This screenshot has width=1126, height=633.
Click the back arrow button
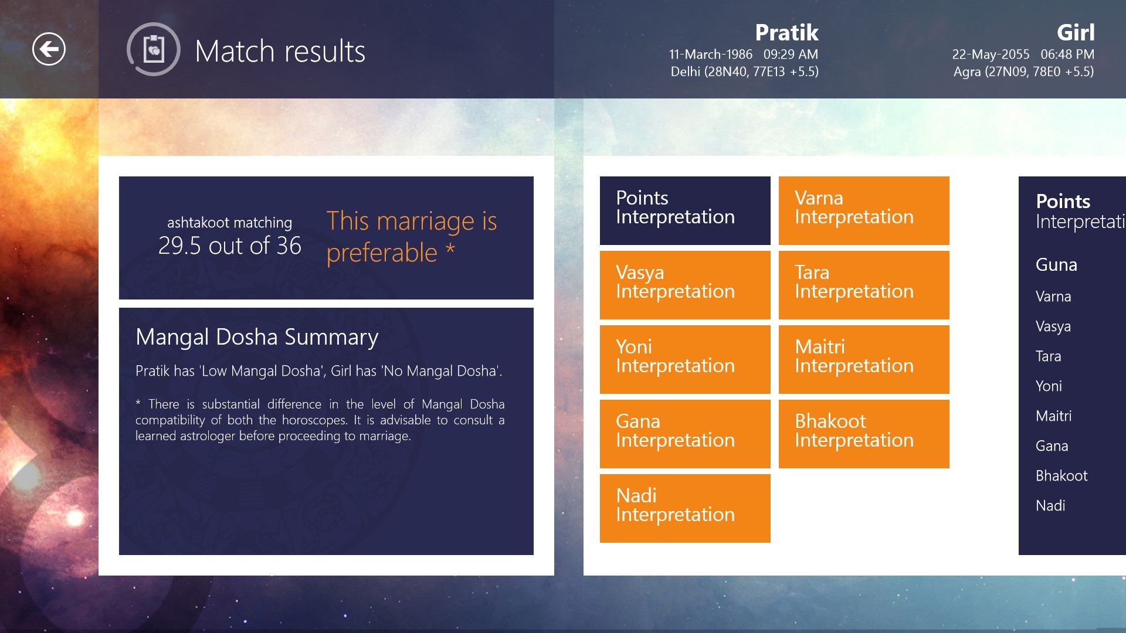(49, 49)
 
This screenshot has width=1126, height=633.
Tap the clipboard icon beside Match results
(154, 49)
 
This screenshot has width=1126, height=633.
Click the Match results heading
(280, 51)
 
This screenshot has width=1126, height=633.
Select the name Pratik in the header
(786, 32)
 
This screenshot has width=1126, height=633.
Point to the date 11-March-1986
(710, 55)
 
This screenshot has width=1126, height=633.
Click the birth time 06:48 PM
(1067, 55)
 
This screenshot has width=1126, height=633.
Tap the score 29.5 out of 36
(229, 246)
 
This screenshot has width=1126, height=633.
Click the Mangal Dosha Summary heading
(257, 337)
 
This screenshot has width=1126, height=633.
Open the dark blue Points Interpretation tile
(685, 210)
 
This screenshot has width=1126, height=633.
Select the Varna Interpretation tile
(864, 210)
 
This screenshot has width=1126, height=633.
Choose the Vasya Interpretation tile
(685, 285)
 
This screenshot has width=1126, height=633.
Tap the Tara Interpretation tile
(864, 285)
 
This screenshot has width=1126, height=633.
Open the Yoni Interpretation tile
(685, 359)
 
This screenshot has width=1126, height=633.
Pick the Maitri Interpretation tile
(864, 359)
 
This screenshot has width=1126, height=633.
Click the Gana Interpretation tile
(685, 434)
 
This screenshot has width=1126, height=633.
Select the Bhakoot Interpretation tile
(864, 434)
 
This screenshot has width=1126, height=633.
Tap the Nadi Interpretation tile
(685, 508)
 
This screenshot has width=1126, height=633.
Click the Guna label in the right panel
(1056, 265)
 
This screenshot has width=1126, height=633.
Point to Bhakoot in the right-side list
(1061, 476)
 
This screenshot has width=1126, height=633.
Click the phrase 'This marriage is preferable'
(412, 237)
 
